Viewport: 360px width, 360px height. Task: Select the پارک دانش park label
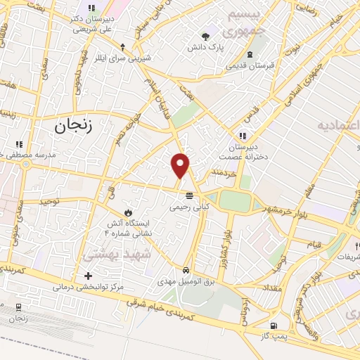click(205, 48)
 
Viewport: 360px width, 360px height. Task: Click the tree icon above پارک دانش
click(205, 36)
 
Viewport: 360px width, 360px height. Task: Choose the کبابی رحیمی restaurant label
click(189, 207)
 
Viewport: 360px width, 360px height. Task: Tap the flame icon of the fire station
click(128, 212)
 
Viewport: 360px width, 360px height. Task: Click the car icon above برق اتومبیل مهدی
click(185, 270)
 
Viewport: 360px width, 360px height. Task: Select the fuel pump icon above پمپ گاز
click(274, 326)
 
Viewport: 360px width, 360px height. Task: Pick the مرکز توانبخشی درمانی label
click(87, 288)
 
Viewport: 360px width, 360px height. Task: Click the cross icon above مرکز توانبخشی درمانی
click(87, 276)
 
